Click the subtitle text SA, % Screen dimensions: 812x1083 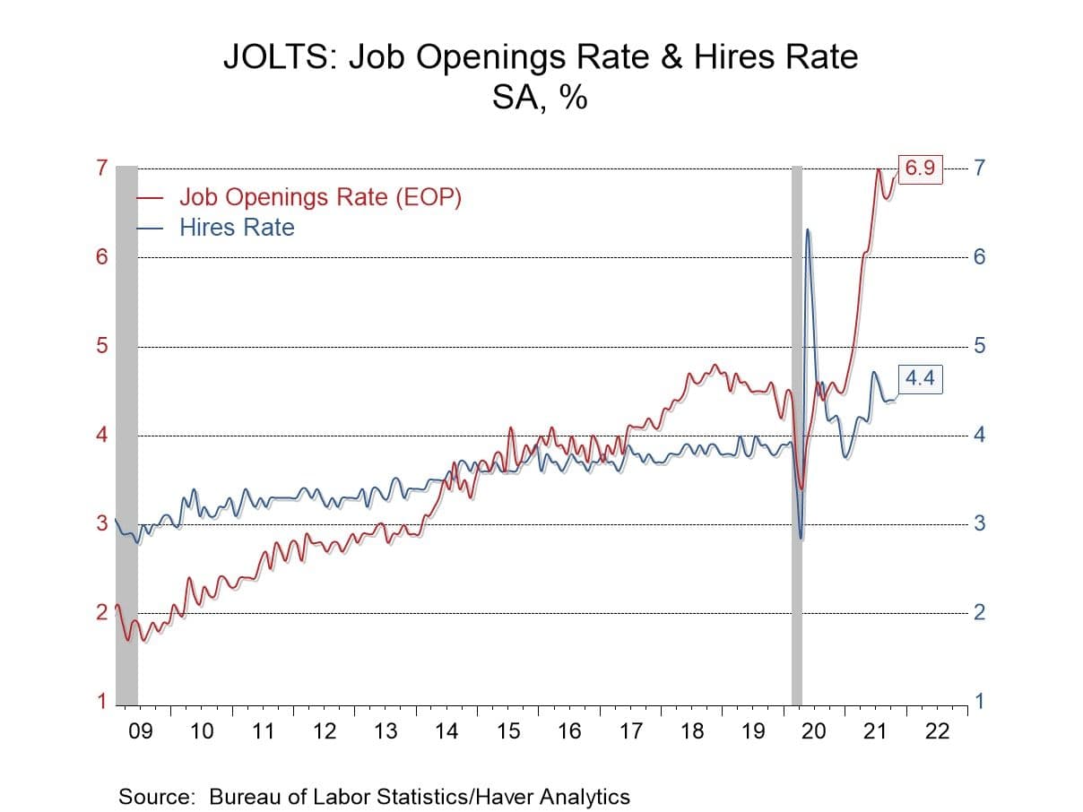pos(540,97)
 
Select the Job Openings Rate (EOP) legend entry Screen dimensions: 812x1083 pos(320,197)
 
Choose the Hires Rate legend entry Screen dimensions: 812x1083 pos(237,228)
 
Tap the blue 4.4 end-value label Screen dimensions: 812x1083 pos(919,379)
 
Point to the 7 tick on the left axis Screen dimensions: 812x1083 pos(102,168)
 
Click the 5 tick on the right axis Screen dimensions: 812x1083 pos(979,346)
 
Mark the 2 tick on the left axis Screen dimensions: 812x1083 pos(102,613)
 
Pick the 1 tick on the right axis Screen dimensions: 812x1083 pos(979,702)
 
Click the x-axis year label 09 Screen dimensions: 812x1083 pos(141,731)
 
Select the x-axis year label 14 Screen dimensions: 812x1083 pos(446,731)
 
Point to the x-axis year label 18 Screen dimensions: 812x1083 pos(691,731)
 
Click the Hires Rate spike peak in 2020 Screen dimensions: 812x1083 pos(808,230)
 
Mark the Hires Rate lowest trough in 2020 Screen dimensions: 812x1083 pos(801,538)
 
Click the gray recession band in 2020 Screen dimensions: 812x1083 pos(797,430)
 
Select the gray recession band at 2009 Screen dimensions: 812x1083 pos(126,430)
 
